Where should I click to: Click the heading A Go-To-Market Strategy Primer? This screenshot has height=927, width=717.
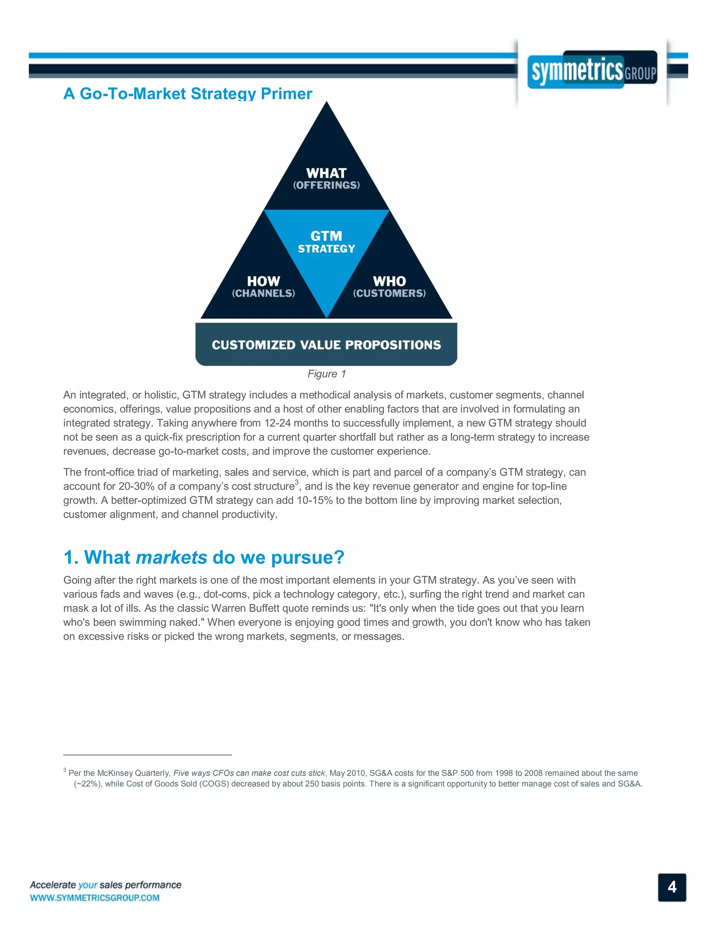click(187, 94)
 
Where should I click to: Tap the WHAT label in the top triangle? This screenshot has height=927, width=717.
click(326, 173)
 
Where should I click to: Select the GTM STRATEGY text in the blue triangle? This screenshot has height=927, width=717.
click(326, 242)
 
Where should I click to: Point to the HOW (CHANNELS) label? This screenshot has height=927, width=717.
click(263, 286)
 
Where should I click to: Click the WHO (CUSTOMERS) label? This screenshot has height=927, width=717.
click(389, 286)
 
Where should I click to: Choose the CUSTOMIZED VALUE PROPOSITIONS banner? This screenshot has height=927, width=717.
click(326, 345)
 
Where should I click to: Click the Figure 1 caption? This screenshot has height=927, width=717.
click(326, 374)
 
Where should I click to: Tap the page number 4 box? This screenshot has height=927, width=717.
click(671, 887)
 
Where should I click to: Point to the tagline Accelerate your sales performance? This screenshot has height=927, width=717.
click(105, 885)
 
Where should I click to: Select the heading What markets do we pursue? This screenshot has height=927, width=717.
click(204, 557)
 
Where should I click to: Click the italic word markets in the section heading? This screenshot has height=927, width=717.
click(171, 557)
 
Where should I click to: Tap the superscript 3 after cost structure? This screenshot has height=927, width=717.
click(297, 482)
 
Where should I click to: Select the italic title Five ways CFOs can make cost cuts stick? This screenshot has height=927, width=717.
click(249, 773)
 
